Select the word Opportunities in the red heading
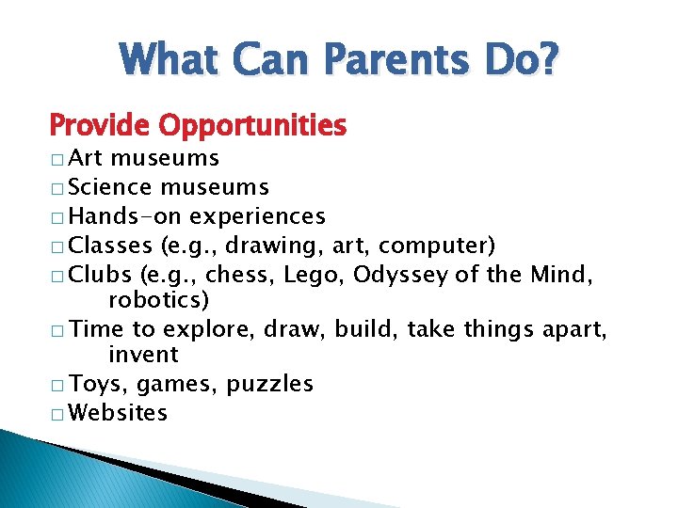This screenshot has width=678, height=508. [252, 124]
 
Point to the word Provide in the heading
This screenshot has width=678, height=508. [101, 124]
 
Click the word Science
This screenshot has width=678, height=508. [112, 187]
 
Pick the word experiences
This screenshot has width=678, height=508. [257, 216]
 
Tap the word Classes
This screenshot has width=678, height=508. [112, 246]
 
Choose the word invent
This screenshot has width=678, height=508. [143, 355]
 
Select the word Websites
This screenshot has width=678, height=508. [119, 412]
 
